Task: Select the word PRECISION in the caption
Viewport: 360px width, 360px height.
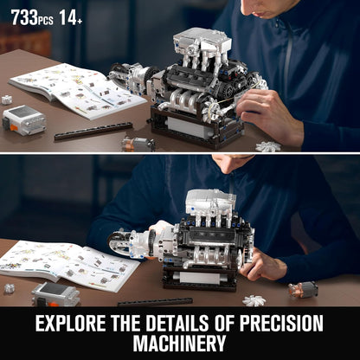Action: point(274,325)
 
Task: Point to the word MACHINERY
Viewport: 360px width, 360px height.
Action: point(180,345)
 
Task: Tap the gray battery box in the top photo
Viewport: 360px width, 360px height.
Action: point(24,120)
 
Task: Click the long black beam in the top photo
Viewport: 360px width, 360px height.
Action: point(93,131)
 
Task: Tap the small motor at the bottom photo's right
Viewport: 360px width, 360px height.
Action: point(303,288)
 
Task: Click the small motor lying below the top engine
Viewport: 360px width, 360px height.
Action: point(138,143)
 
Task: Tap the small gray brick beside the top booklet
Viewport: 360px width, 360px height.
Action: point(7,100)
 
